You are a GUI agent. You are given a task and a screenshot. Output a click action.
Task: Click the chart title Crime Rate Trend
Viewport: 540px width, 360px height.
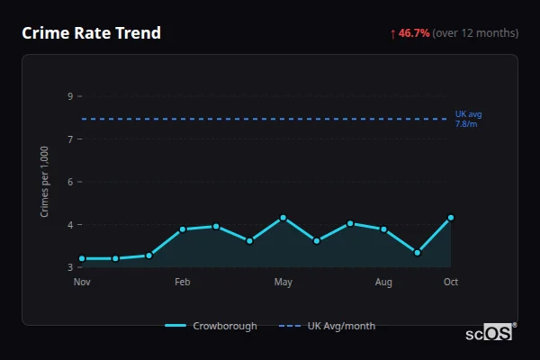click(x=91, y=33)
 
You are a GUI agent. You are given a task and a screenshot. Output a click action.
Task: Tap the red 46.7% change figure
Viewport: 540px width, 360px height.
click(x=414, y=33)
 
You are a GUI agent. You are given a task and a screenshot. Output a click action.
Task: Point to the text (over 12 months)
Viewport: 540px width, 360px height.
click(x=475, y=33)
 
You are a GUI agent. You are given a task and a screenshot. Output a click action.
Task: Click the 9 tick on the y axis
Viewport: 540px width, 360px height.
click(x=70, y=96)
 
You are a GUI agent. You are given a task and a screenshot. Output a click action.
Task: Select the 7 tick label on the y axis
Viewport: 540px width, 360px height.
click(x=70, y=139)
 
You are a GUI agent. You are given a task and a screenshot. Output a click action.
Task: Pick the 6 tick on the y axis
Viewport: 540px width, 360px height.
click(x=70, y=182)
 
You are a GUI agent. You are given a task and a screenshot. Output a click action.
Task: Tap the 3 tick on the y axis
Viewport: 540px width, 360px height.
click(x=70, y=267)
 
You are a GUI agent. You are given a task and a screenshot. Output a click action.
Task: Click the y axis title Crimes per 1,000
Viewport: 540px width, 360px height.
click(x=45, y=183)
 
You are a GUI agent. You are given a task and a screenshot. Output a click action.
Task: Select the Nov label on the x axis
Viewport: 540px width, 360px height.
click(x=82, y=283)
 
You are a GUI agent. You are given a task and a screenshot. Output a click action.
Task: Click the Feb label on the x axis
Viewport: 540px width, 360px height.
click(x=183, y=283)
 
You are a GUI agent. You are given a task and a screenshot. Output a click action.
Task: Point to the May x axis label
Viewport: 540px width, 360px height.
click(x=283, y=283)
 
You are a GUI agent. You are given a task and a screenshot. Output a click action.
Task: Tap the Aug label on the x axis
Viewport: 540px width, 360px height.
click(x=383, y=283)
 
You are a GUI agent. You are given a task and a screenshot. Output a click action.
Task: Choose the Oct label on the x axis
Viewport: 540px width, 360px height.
click(x=451, y=283)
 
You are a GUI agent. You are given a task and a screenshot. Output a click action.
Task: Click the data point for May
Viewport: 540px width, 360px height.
click(x=283, y=218)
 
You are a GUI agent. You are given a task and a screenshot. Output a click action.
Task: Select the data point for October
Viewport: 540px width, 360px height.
click(x=451, y=218)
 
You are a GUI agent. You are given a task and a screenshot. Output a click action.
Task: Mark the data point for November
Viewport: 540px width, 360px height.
click(x=82, y=258)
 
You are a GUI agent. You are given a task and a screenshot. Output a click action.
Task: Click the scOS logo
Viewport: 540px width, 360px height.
click(x=489, y=333)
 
